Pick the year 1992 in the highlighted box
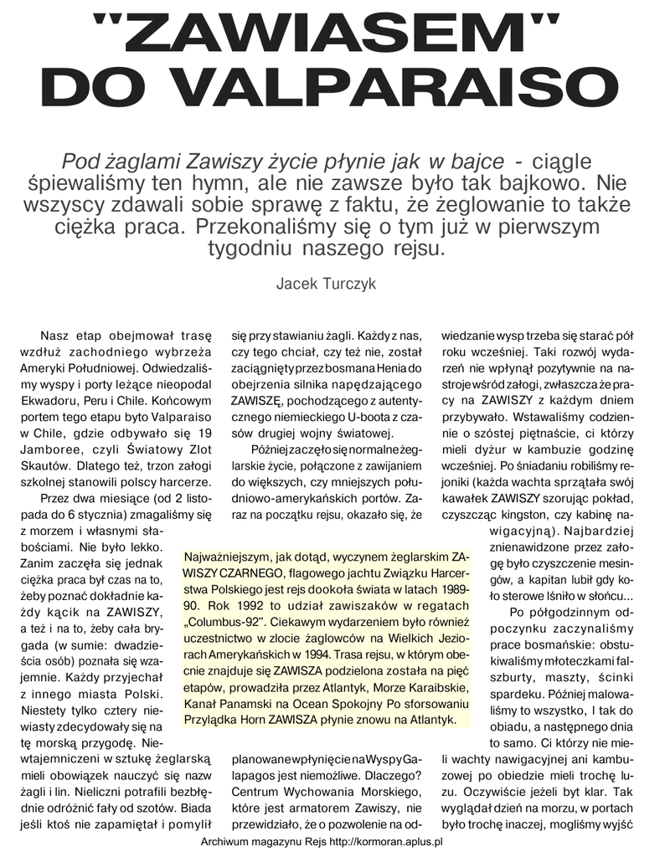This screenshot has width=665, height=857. tap(250, 606)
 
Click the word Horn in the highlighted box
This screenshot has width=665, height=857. tap(263, 719)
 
